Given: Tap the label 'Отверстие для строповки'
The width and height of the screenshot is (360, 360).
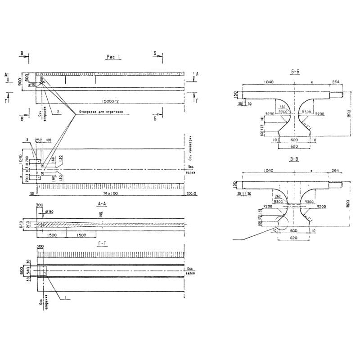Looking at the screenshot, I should click(x=102, y=113).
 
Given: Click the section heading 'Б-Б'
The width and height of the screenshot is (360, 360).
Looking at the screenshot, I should click(x=295, y=71).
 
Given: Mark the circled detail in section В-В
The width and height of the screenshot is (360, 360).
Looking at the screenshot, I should click(x=282, y=222).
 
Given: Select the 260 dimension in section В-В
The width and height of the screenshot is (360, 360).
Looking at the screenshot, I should click(x=277, y=196).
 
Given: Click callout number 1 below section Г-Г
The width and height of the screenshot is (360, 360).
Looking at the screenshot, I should click(x=66, y=297).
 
